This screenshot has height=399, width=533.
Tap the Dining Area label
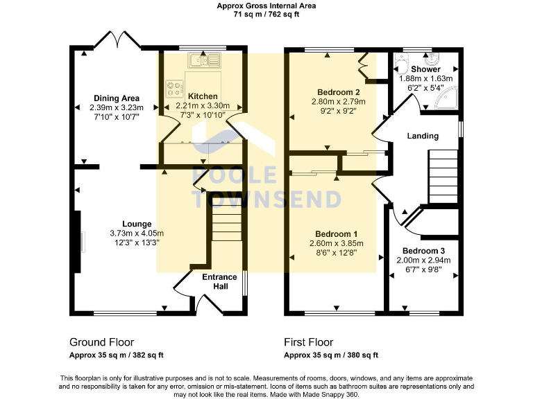pos(116,98)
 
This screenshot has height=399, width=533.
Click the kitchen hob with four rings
pos(173,87)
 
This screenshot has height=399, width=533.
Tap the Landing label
pos(423,136)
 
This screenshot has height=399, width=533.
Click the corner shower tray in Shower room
pos(445,103)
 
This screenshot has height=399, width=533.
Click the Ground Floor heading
pos(101,342)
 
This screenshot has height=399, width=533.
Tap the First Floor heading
pos(308,342)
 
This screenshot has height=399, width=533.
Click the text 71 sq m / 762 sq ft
pos(266,14)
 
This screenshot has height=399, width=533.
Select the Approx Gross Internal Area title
pos(266,6)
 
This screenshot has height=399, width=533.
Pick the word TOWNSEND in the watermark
pos(266,199)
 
